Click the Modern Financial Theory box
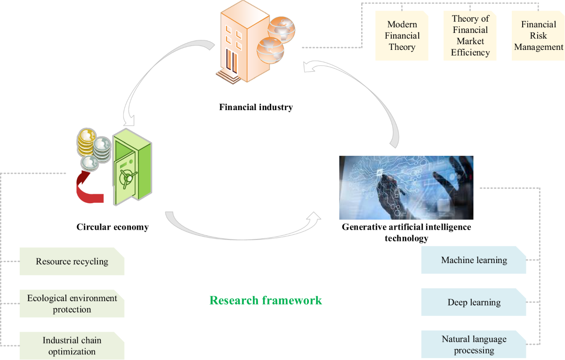[x=402, y=36]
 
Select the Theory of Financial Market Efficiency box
[x=470, y=36]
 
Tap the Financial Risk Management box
[x=538, y=36]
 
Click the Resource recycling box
[x=72, y=261]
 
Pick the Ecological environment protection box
[x=72, y=304]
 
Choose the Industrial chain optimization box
[x=72, y=346]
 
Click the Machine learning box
[x=474, y=260]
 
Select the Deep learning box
[x=474, y=302]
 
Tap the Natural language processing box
[x=474, y=344]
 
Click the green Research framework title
[x=266, y=300]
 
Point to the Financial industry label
[x=256, y=107]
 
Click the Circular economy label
[x=113, y=227]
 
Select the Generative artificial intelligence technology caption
[x=406, y=232]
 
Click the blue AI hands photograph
[x=406, y=187]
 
